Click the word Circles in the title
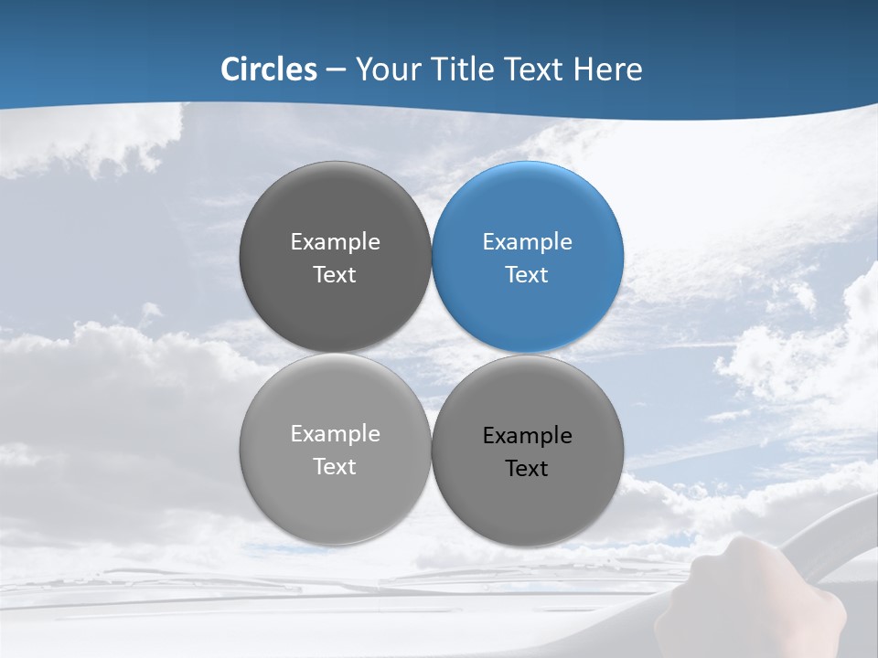(x=269, y=69)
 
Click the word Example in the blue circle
(x=527, y=242)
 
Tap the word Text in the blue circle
(x=527, y=275)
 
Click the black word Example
(x=527, y=436)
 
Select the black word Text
(x=527, y=469)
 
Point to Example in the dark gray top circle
(x=335, y=242)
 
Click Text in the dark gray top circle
(x=335, y=275)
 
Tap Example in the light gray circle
(x=335, y=434)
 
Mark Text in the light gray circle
(x=335, y=467)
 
